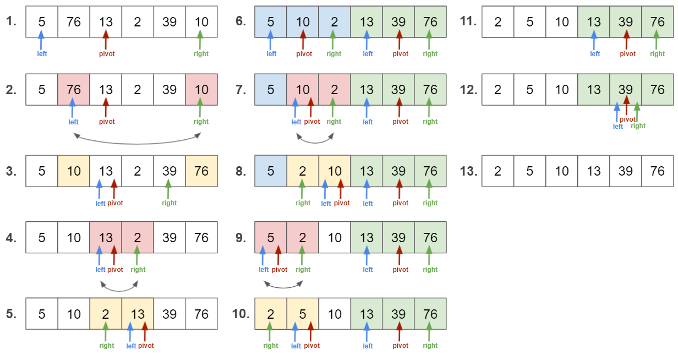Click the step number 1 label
(x=12, y=22)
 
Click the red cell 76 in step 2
(x=74, y=89)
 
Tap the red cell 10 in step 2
(x=201, y=89)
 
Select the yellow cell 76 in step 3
(x=201, y=171)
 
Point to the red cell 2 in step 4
(x=138, y=237)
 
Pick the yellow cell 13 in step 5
(x=138, y=314)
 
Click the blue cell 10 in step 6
(x=303, y=22)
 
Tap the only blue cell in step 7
(x=271, y=89)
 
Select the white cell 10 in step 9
(x=335, y=237)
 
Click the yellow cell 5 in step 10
(x=303, y=314)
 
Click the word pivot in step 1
(x=107, y=54)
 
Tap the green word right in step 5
(x=107, y=346)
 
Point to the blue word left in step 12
(x=618, y=126)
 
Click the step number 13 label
(x=468, y=171)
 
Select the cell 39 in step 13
(x=626, y=171)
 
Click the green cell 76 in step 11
(x=658, y=22)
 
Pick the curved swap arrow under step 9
(x=283, y=285)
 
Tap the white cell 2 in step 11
(x=498, y=22)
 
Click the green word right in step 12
(x=638, y=126)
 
